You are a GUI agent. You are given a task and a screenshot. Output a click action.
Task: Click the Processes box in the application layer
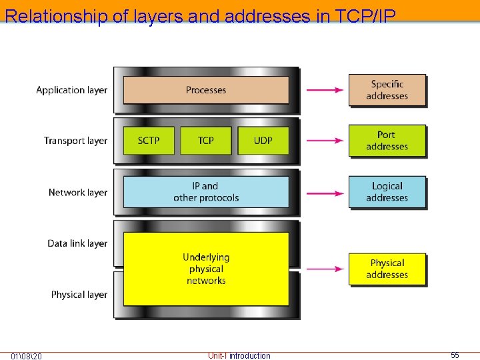(206, 90)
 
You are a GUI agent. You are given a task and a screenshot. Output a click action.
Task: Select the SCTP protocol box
(149, 141)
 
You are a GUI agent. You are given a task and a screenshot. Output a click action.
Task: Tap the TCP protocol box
(206, 141)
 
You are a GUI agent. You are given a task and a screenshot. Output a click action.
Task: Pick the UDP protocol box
(263, 141)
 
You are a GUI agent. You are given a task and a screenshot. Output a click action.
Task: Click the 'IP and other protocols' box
(206, 192)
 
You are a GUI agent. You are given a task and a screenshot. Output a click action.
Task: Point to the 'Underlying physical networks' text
(206, 269)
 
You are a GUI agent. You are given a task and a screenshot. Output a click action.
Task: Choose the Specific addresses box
(387, 90)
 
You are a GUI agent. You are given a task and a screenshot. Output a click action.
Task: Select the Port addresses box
(387, 141)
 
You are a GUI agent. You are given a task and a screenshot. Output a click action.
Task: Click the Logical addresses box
(387, 192)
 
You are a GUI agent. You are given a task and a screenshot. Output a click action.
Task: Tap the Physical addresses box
(387, 269)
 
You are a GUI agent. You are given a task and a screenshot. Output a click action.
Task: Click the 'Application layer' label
(71, 90)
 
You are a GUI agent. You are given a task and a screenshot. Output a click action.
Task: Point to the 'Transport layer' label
(75, 141)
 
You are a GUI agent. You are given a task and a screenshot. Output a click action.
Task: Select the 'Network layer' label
(77, 193)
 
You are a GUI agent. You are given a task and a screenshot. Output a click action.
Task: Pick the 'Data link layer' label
(77, 243)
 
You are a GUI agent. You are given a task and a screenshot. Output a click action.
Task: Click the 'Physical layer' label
(79, 295)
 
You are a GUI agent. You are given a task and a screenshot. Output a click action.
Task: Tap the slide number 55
(455, 355)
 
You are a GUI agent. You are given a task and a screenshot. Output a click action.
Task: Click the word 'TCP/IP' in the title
(360, 15)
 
